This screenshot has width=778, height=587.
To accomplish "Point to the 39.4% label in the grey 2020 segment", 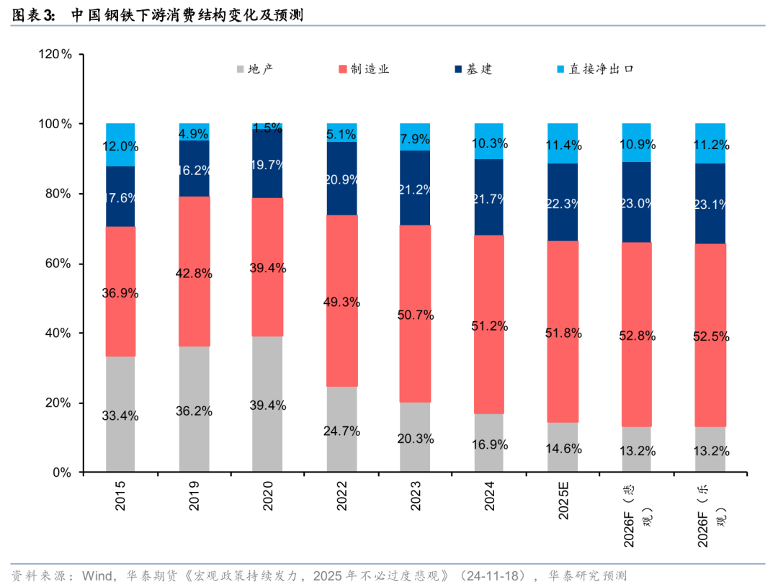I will point(268,405).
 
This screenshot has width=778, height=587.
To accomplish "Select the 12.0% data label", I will point(120,146).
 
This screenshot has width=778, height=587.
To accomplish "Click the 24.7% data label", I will point(341,431).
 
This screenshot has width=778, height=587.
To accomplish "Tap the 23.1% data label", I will point(710,204).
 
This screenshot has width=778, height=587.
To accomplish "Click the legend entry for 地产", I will point(255,69).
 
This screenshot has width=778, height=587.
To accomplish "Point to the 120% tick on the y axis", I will point(55,55).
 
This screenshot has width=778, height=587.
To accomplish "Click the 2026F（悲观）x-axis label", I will point(638,517).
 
